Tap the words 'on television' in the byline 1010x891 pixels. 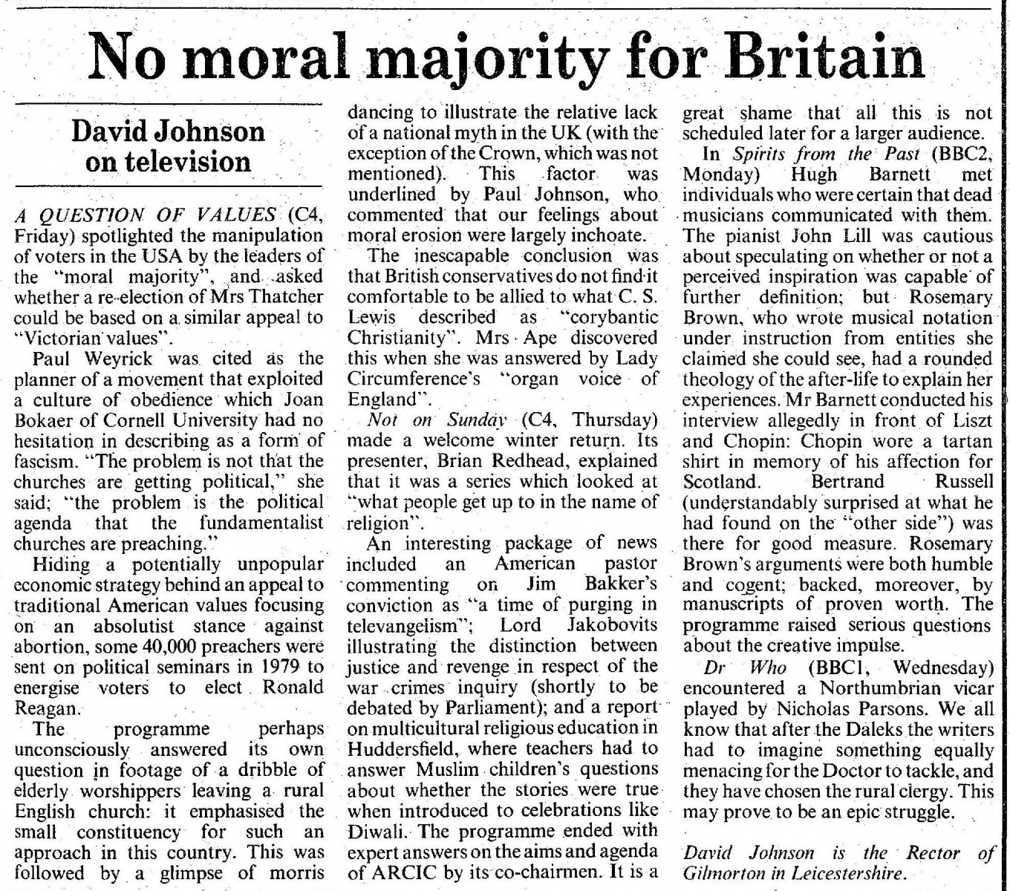point(168,161)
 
